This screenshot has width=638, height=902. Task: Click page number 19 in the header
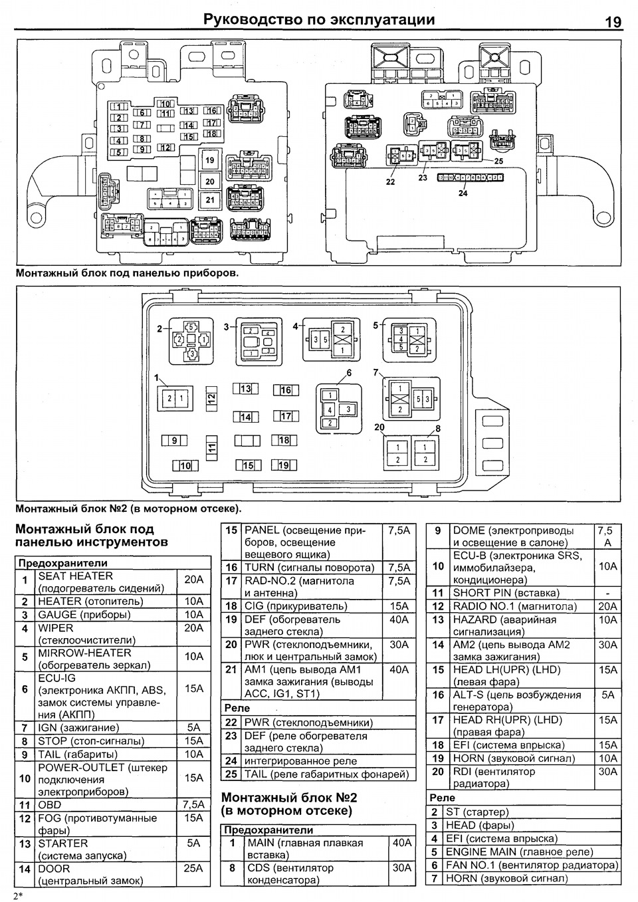pos(613,22)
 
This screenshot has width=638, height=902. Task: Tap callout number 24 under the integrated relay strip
pos(463,193)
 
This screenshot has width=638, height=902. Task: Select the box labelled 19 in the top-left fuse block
pos(210,160)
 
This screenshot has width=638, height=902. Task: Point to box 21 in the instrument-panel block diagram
pos(210,199)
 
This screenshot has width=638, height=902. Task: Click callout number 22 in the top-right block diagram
pos(390,181)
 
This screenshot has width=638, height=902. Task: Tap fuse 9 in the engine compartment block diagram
pos(175,440)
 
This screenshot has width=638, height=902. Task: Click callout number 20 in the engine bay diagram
pos(379,427)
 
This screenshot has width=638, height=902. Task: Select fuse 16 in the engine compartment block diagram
pos(286,390)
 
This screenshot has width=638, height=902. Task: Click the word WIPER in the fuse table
pos(56,627)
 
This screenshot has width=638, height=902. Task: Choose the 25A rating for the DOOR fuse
pos(193,868)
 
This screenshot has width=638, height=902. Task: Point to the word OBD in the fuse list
pos(50,805)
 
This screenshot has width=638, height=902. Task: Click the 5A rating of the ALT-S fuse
pos(607,695)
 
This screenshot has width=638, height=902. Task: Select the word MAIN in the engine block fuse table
pos(261,843)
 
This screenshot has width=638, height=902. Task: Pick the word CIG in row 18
pos(254,606)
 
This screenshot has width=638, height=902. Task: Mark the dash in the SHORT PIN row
pos(607,593)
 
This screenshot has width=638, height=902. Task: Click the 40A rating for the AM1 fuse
pos(399,670)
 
